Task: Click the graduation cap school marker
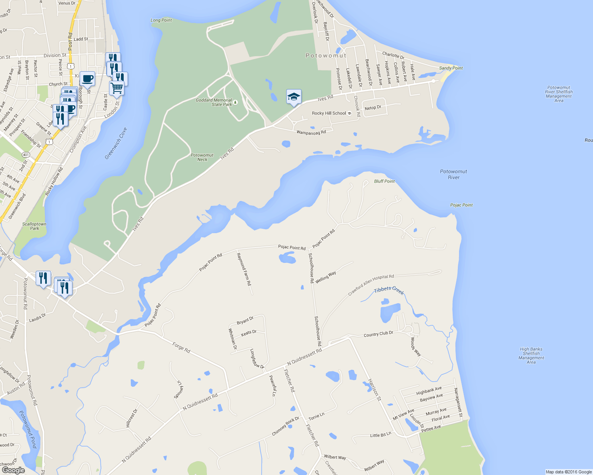[294, 97]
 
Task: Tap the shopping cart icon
[117, 88]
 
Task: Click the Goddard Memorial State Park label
[214, 103]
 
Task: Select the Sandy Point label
[451, 68]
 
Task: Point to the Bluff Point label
[384, 181]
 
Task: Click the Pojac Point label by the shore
[461, 205]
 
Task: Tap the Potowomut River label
[453, 174]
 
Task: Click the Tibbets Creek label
[389, 291]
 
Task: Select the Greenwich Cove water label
[116, 143]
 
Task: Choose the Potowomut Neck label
[202, 157]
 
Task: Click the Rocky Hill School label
[329, 113]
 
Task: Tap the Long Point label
[161, 20]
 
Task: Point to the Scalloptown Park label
[34, 226]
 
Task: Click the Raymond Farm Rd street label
[244, 269]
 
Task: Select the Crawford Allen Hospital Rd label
[371, 285]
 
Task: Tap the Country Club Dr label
[378, 334]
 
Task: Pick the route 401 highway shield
[26, 154]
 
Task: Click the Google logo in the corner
[13, 470]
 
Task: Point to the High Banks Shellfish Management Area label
[531, 355]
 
